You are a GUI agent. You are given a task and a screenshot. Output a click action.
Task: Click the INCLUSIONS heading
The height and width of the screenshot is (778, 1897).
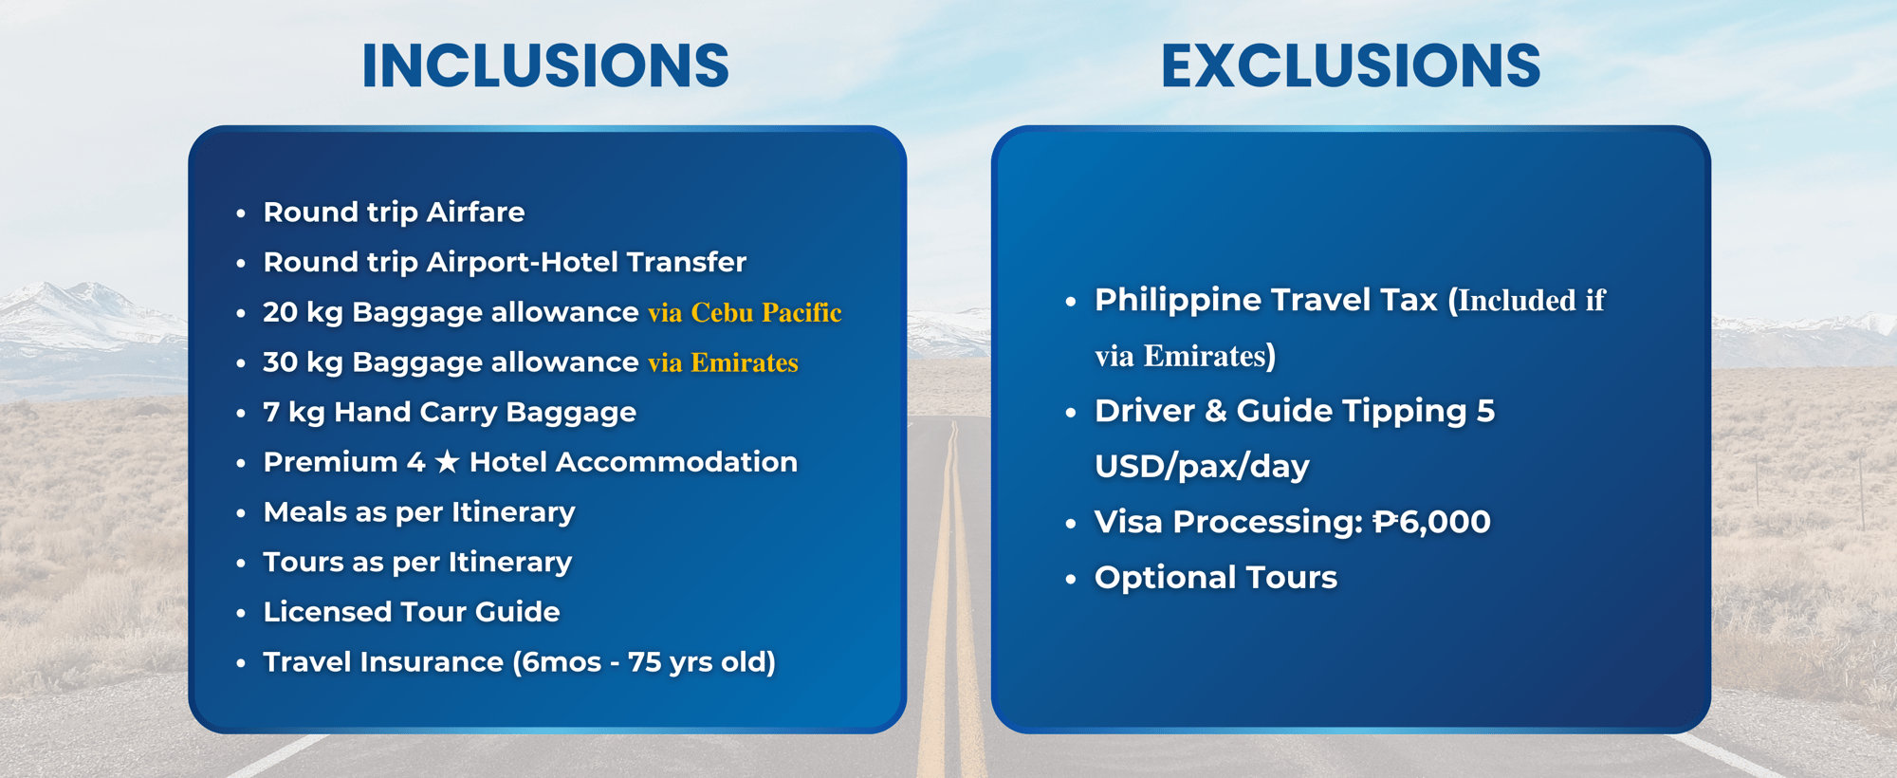pyautogui.click(x=545, y=65)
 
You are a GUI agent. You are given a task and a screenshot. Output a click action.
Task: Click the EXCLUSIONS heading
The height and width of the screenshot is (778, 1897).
pyautogui.click(x=1351, y=65)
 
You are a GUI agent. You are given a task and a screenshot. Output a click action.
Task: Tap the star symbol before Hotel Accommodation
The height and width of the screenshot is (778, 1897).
pyautogui.click(x=447, y=462)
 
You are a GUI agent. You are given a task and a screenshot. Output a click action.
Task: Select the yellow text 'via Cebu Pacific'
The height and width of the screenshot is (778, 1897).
pyautogui.click(x=745, y=312)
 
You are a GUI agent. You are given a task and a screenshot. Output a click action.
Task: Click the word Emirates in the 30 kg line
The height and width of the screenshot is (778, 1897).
pyautogui.click(x=745, y=362)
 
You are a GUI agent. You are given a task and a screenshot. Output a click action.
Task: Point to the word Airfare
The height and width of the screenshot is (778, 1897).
pyautogui.click(x=475, y=212)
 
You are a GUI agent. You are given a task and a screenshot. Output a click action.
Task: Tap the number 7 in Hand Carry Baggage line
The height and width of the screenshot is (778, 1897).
pyautogui.click(x=271, y=412)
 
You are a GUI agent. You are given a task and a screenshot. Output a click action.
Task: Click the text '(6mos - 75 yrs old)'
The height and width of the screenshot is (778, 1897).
pyautogui.click(x=644, y=662)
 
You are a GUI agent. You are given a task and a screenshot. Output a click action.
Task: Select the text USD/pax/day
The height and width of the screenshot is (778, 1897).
pyautogui.click(x=1202, y=467)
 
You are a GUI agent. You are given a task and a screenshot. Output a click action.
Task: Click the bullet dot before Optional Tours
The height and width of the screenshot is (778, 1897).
pyautogui.click(x=1071, y=579)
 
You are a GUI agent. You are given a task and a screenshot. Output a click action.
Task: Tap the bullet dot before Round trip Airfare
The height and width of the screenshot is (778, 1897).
pyautogui.click(x=241, y=213)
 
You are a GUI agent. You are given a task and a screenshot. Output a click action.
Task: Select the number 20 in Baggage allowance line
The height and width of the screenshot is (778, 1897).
pyautogui.click(x=280, y=312)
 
